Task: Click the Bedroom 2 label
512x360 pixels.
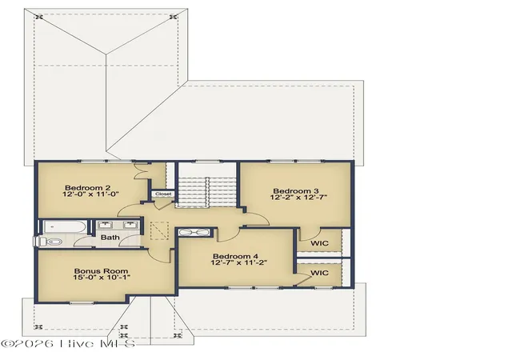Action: (x=87, y=187)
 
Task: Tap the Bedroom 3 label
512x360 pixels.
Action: (x=296, y=190)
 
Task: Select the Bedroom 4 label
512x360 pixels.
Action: (x=235, y=257)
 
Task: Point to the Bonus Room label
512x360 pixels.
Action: (x=102, y=271)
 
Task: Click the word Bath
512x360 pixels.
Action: (x=110, y=237)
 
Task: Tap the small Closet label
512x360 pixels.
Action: (x=163, y=194)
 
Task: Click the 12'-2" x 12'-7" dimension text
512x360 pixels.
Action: (x=298, y=198)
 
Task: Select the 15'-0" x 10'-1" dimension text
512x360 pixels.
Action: (x=102, y=278)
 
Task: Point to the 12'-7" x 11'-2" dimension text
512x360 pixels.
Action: (x=239, y=262)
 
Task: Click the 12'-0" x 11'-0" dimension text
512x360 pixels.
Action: (x=90, y=194)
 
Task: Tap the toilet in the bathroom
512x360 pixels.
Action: (x=49, y=242)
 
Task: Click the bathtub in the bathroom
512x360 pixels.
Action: (x=65, y=226)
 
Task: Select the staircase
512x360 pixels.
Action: (x=206, y=192)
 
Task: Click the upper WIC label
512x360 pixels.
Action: (x=319, y=243)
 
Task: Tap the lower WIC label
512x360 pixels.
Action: (x=319, y=273)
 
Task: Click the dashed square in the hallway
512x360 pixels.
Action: (x=159, y=230)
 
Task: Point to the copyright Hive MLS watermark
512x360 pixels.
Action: (x=68, y=344)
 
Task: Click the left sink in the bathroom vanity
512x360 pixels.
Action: (x=106, y=225)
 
